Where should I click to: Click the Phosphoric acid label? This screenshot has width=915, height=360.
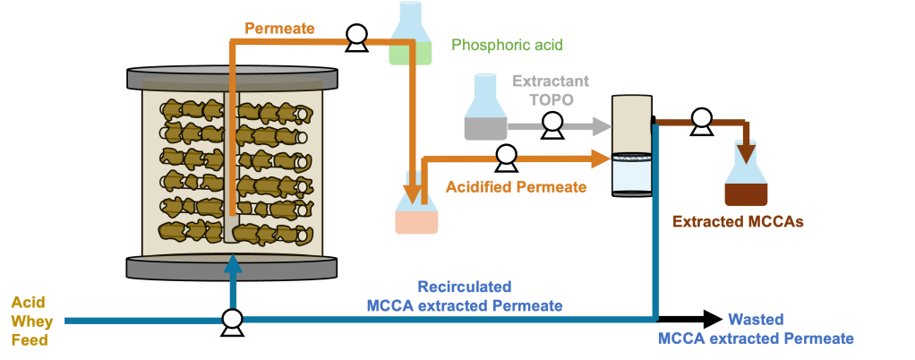[x=507, y=44]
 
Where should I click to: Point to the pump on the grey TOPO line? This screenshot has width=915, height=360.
[x=552, y=124]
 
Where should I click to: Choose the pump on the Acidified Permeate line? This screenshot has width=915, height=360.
[x=507, y=158]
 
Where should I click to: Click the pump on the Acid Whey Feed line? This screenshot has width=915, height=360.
[x=232, y=319]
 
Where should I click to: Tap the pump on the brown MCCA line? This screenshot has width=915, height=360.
[x=701, y=119]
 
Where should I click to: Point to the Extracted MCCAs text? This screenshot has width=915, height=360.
[x=737, y=220]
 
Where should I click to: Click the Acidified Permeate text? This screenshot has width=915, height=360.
[x=516, y=187]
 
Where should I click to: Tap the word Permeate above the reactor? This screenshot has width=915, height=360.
[x=278, y=29]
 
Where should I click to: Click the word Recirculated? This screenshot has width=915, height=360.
[x=466, y=287]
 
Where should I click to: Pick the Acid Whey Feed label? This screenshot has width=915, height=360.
[x=33, y=321]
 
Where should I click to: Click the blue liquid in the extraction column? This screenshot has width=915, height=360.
[x=632, y=176]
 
